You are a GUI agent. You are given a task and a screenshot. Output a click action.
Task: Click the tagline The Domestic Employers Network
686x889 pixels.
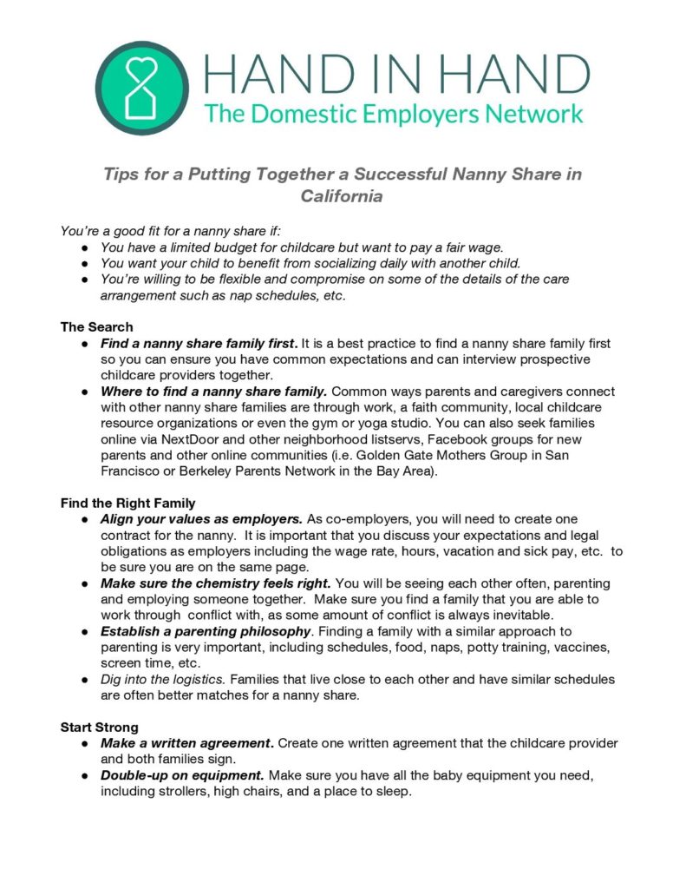[393, 113]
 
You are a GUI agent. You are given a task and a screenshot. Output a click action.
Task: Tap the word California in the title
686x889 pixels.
[342, 196]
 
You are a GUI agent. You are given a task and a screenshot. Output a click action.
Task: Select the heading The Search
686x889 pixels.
[96, 327]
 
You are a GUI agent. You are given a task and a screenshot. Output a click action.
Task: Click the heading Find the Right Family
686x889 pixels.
[127, 503]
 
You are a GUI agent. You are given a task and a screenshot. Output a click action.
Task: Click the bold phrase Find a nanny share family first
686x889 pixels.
[199, 344]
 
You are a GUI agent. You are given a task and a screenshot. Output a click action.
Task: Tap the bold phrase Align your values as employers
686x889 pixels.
[201, 519]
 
